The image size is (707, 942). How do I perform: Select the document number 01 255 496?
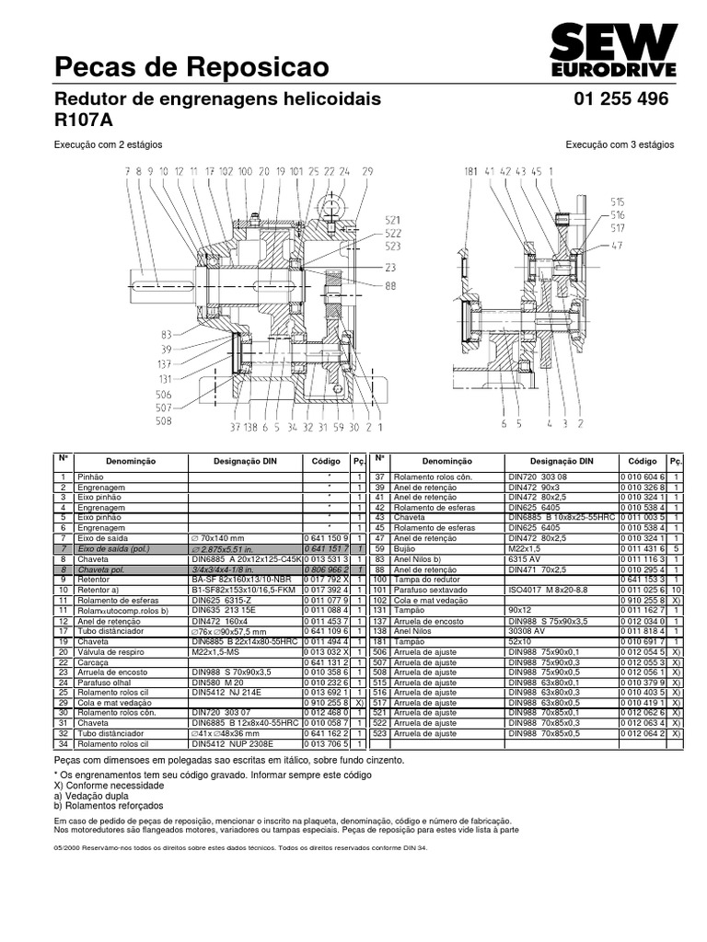620,98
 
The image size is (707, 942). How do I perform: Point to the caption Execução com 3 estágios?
620,144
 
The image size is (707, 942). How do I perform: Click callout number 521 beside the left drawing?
393,221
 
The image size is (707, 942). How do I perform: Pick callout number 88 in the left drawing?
390,286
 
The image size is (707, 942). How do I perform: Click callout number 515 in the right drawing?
617,201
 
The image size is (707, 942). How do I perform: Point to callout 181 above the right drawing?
471,171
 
